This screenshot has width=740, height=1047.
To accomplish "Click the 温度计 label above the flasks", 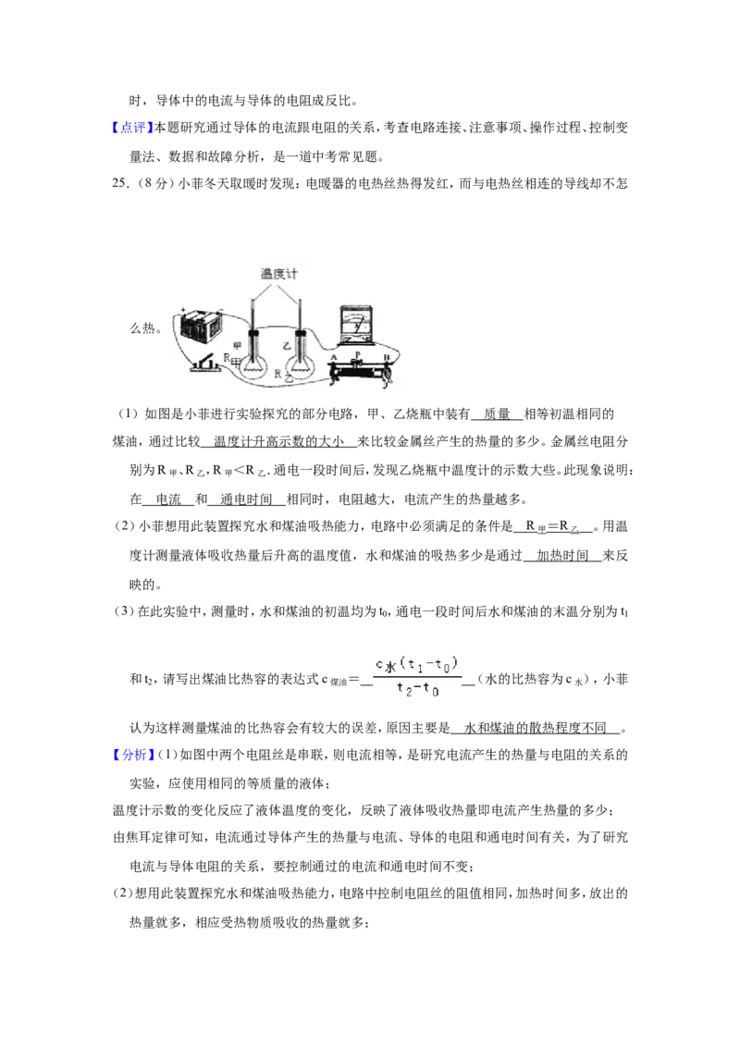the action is coord(278,274).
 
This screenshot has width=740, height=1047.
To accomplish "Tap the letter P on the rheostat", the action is coord(358,354).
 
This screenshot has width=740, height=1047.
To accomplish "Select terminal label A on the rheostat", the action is coord(334,358).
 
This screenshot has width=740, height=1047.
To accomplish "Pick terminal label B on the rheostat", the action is coord(386,358).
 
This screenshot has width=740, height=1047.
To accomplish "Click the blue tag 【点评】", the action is coord(133,128).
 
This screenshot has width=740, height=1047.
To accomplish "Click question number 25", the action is coord(120,183).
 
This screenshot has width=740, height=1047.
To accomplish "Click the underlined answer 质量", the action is coord(497,414).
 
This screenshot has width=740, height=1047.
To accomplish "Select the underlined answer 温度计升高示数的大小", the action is coord(278,441).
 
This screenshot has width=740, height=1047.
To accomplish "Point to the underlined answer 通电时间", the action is coord(246,499).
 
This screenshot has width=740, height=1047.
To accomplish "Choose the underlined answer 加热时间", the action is coord(562,555).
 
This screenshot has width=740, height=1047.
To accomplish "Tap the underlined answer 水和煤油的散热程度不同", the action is coord(535,728).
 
